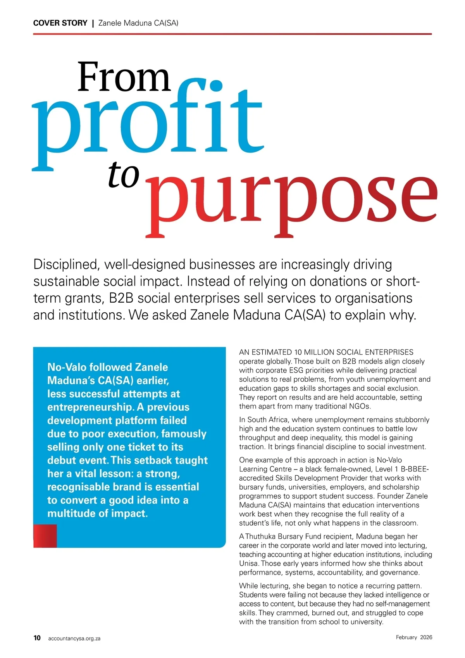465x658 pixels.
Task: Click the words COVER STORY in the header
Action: [x=60, y=23]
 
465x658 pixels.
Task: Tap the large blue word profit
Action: [x=147, y=120]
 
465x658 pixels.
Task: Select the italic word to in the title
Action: [x=123, y=175]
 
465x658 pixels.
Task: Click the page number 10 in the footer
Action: [x=37, y=638]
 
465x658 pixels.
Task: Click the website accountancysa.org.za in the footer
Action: [x=74, y=638]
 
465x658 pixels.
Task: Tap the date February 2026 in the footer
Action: [x=414, y=637]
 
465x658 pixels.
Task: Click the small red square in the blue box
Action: [x=45, y=536]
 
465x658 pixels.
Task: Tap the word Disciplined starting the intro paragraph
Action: [x=65, y=264]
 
